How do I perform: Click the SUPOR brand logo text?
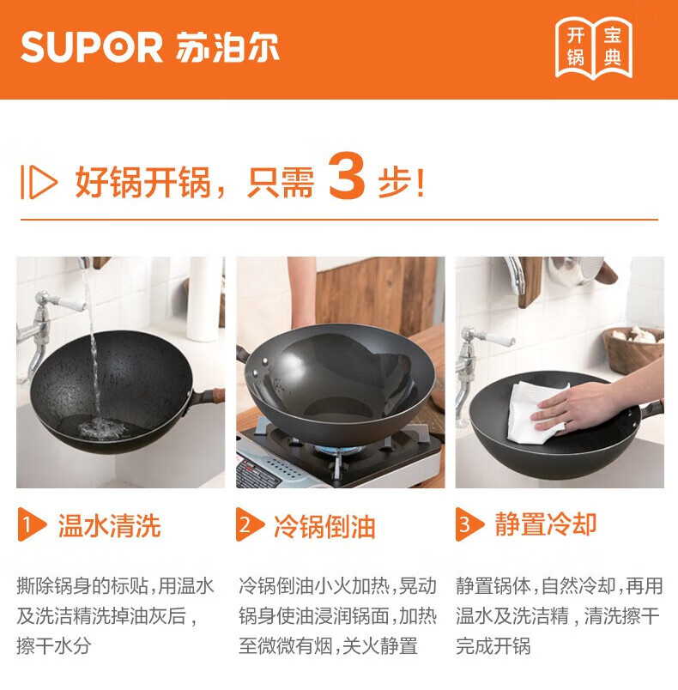(92, 47)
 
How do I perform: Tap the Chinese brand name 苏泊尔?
(227, 47)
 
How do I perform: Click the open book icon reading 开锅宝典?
(594, 47)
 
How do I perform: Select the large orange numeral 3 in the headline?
(347, 176)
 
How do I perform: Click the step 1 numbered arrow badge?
(31, 524)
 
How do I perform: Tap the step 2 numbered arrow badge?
(250, 524)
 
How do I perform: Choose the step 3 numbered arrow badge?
(469, 524)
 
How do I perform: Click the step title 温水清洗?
(109, 525)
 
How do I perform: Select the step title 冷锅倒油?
(324, 526)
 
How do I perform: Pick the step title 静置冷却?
(546, 524)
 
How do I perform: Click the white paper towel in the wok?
(536, 412)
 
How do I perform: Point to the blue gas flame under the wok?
(338, 450)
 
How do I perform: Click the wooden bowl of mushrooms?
(633, 349)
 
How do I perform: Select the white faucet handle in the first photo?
(70, 304)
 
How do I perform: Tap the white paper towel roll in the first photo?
(203, 300)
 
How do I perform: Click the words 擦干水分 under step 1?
(54, 646)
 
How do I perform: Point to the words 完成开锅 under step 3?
(493, 646)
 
